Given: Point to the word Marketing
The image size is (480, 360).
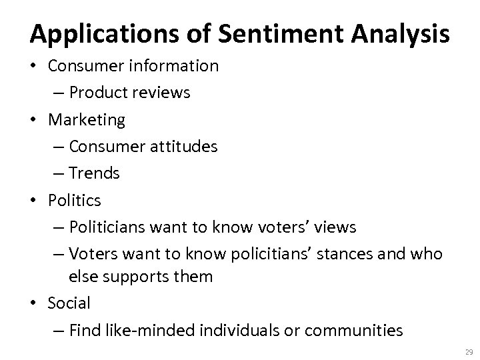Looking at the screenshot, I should pos(86,120).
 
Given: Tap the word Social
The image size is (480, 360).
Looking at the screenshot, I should pos(69,303).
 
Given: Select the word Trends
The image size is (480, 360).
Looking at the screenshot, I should pos(94,173).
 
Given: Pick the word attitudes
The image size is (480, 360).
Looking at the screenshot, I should pos(181,146).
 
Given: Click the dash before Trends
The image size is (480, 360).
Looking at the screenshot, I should pos(57,173).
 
